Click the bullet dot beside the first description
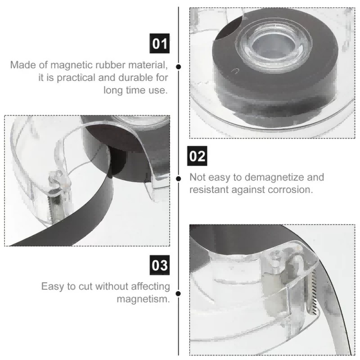pyautogui.click(x=178, y=67)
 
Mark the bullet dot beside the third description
pyautogui.click(x=178, y=293)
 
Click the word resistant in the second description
pyautogui.click(x=209, y=189)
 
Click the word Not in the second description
pyautogui.click(x=197, y=177)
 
